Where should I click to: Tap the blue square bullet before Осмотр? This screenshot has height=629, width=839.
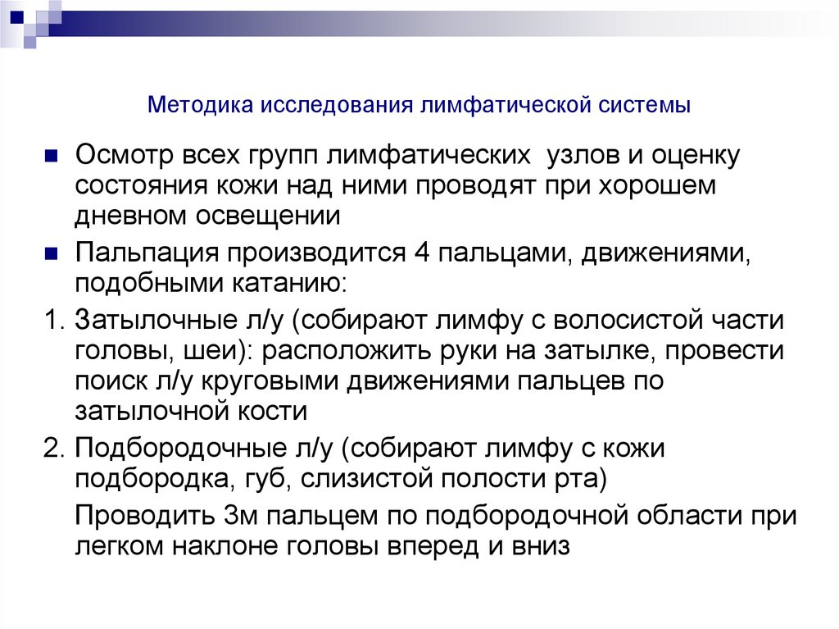tap(51, 154)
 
